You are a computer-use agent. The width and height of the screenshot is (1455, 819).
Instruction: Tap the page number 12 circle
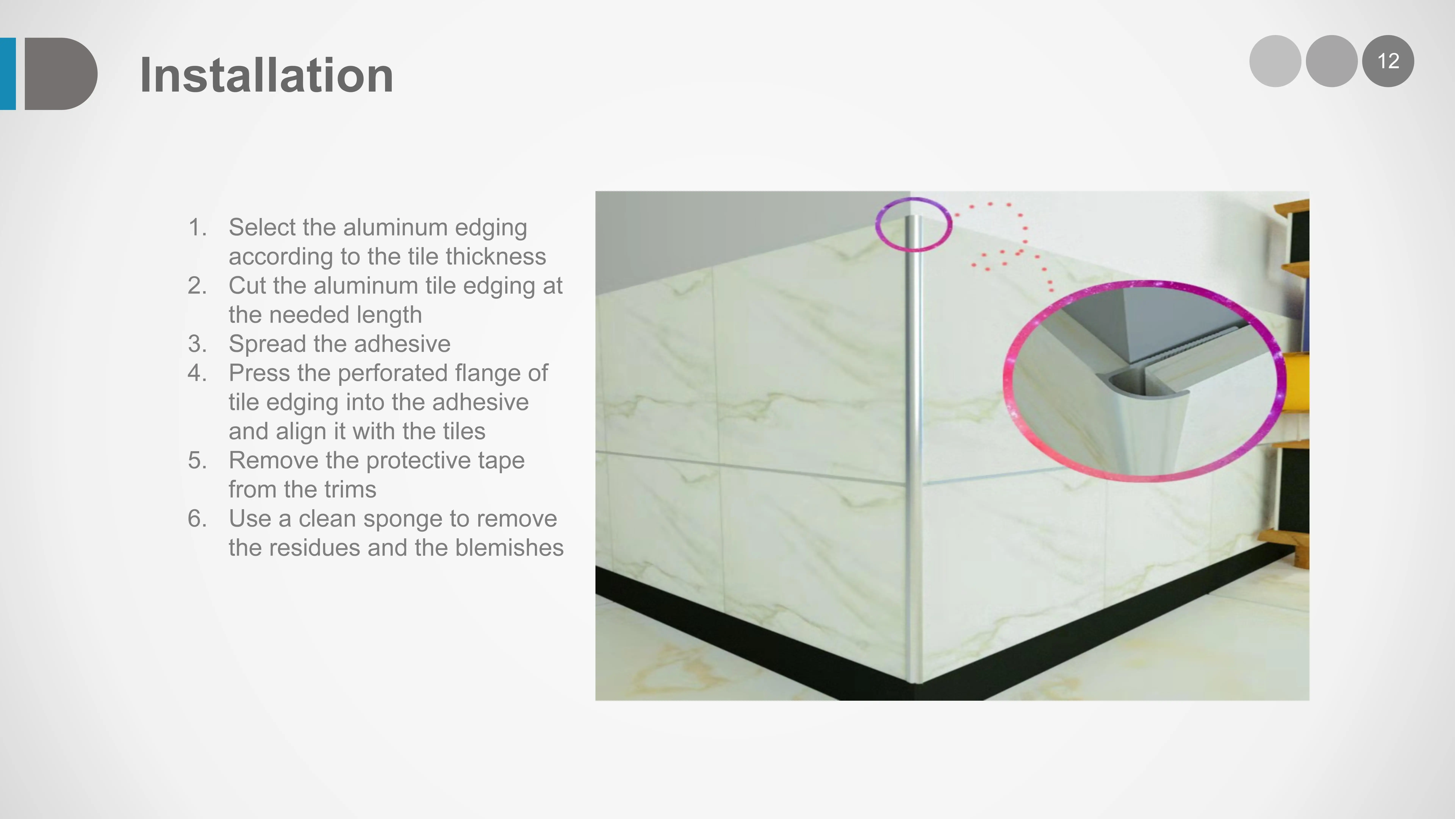(x=1388, y=61)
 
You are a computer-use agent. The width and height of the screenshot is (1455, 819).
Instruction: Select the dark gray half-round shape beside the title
(x=59, y=74)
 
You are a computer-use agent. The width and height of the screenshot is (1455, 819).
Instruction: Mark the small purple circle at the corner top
(x=913, y=224)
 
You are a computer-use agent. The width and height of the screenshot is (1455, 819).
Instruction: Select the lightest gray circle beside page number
(x=1275, y=61)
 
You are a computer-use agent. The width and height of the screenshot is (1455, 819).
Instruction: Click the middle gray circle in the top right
(x=1331, y=61)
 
